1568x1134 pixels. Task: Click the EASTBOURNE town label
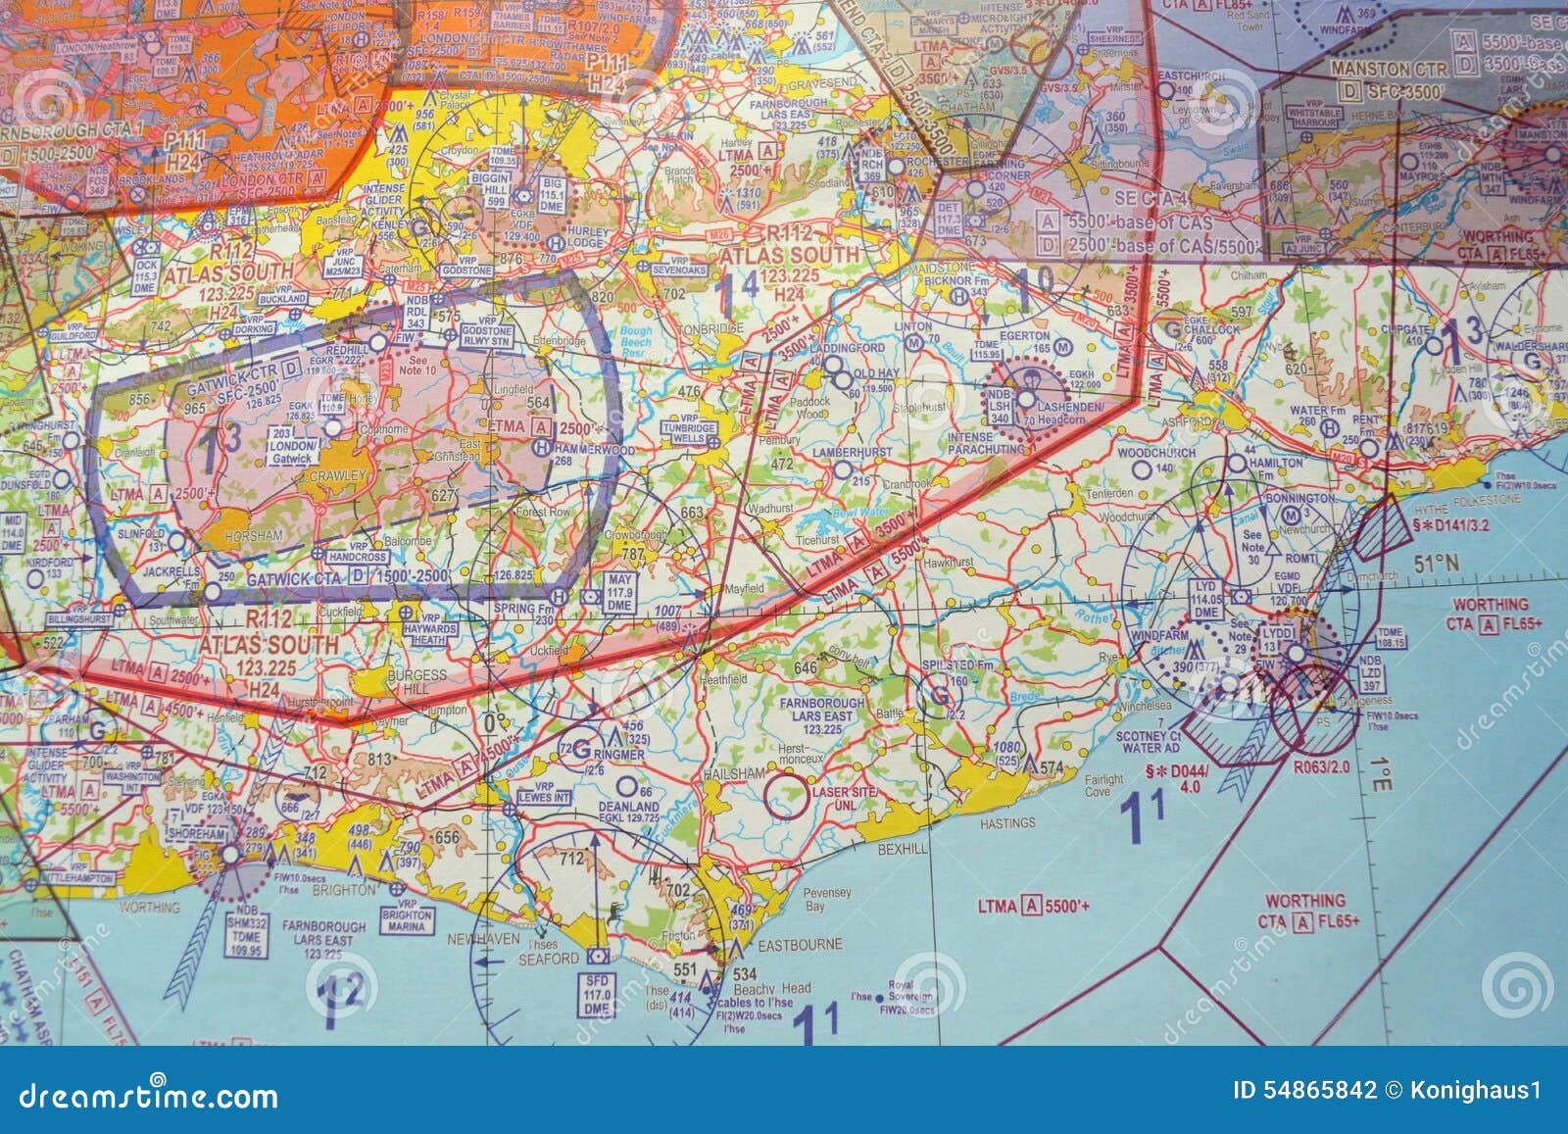800,945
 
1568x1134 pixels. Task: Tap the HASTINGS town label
1008,823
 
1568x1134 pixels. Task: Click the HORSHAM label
253,536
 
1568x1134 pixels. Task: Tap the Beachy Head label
782,988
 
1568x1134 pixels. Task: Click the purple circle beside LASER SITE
787,796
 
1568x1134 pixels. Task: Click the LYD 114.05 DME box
1206,599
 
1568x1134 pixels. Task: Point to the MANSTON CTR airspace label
1390,70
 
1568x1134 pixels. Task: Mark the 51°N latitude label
1436,564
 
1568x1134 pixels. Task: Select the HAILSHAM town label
733,773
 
